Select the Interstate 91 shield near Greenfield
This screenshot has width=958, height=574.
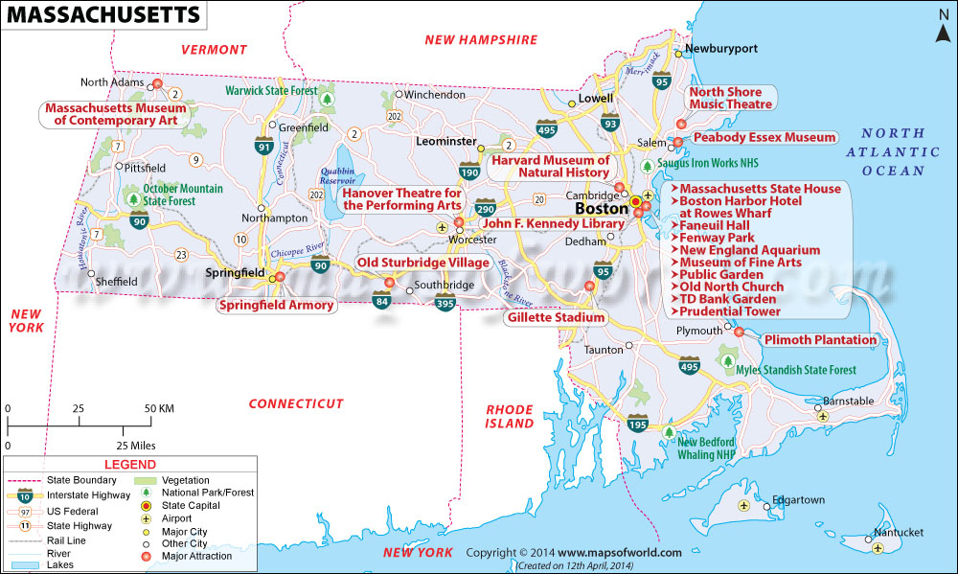pyautogui.click(x=263, y=146)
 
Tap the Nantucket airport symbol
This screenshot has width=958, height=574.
pyautogui.click(x=878, y=547)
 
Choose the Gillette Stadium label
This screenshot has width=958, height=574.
pyautogui.click(x=557, y=317)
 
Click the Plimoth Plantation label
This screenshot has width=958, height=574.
pyautogui.click(x=820, y=339)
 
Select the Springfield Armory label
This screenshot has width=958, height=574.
pyautogui.click(x=277, y=305)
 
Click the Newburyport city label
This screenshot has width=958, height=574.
pyautogui.click(x=719, y=47)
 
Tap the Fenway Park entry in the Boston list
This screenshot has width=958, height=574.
pyautogui.click(x=717, y=238)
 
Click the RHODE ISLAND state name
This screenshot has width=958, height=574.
pyautogui.click(x=509, y=416)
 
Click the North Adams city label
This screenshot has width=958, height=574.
pyautogui.click(x=111, y=82)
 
